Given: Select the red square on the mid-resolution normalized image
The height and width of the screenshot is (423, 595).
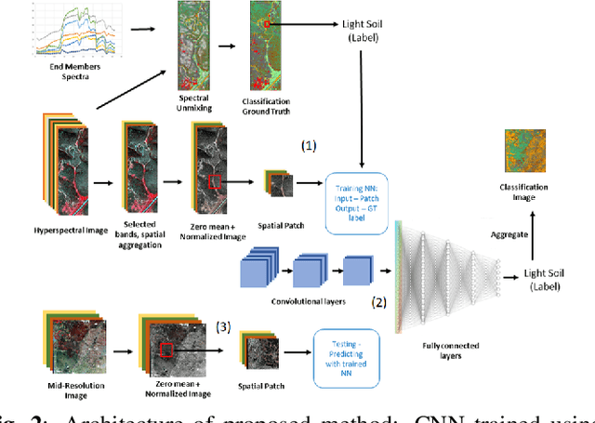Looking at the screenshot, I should (x=167, y=350).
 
